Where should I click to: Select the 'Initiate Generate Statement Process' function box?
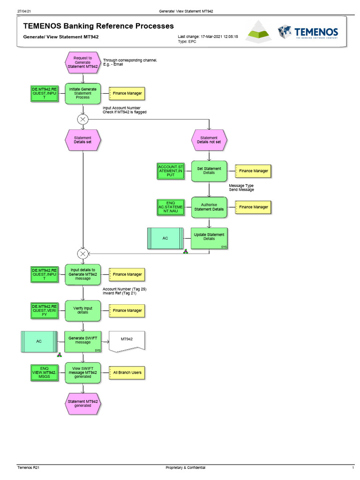(x=83, y=93)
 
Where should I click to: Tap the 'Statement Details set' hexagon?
(x=83, y=140)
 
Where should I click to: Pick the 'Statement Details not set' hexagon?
(x=209, y=140)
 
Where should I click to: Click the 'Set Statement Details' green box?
(x=209, y=171)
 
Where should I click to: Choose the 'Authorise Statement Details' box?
(x=209, y=207)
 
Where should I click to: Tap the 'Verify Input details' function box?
(x=83, y=310)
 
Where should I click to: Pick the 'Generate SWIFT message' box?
(x=83, y=342)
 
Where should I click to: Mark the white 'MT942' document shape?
(x=127, y=341)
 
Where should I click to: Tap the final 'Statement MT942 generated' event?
(x=83, y=404)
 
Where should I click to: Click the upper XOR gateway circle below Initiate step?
(x=83, y=119)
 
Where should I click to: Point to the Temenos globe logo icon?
(x=284, y=32)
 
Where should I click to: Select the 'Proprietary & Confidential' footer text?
(x=186, y=468)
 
